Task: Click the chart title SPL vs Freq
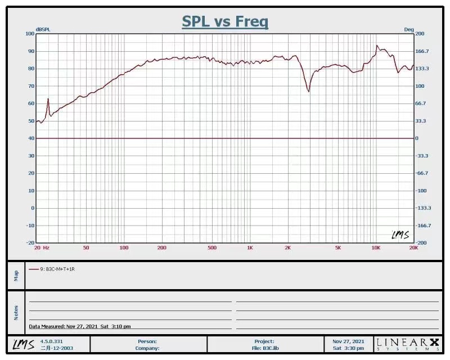coord(225,22)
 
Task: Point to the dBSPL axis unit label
coord(43,29)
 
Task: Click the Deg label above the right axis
coord(408,29)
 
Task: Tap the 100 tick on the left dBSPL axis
coord(30,34)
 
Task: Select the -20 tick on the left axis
coord(30,243)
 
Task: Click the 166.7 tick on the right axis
coord(422,51)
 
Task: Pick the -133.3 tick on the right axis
coord(423,208)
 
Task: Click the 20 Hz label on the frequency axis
coord(42,247)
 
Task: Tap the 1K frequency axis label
coord(250,247)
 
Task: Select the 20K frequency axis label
coord(413,247)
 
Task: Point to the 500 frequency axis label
coord(212,247)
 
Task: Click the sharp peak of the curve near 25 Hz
coord(48,99)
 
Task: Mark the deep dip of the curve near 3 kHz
coord(308,91)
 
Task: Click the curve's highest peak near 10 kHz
coord(377,46)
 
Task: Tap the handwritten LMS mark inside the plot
coord(400,235)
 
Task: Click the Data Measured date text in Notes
coord(80,326)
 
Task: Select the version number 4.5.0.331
coord(52,341)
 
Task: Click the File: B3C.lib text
coord(264,348)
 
